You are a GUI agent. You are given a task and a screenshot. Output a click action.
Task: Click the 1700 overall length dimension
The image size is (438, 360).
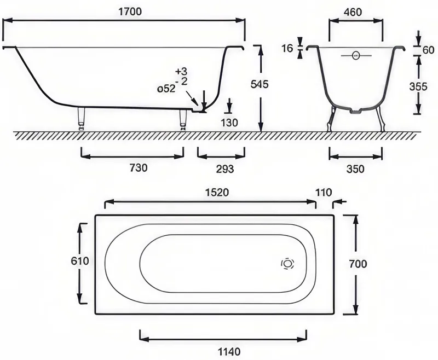(x=130, y=11)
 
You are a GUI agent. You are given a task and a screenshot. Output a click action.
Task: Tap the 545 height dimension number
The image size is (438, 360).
(x=260, y=84)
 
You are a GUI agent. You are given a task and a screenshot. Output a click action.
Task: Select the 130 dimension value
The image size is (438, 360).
(x=229, y=123)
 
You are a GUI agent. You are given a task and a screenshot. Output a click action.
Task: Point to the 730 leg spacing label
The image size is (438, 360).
(x=139, y=168)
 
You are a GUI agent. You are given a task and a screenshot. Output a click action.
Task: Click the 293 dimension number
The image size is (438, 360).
(x=225, y=169)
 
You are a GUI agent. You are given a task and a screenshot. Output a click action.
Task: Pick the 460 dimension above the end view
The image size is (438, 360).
(x=353, y=12)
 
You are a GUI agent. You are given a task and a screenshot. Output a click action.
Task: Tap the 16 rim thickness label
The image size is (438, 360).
(x=287, y=49)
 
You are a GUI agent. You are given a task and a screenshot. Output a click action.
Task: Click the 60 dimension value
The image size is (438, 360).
(x=429, y=50)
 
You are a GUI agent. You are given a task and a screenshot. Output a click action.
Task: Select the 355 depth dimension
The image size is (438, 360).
(x=418, y=87)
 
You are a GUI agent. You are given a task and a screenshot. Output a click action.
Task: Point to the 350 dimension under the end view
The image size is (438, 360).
(x=355, y=169)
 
